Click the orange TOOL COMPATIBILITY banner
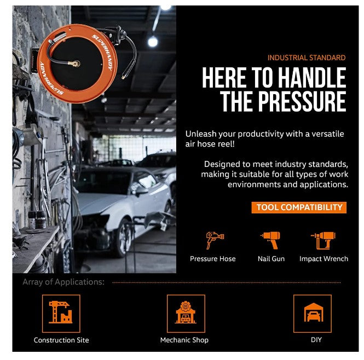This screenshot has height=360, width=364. [x=299, y=207]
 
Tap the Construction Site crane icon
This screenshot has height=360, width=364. [x=61, y=312]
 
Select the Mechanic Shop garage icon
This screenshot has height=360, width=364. [x=186, y=312]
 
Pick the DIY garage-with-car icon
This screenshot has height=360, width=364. [x=314, y=312]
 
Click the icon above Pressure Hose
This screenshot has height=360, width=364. [x=215, y=240]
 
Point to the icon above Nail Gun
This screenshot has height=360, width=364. [x=271, y=240]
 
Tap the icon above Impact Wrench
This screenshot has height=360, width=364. [x=323, y=240]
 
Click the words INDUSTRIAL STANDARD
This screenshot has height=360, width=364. [x=307, y=58]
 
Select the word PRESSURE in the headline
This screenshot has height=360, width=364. [x=302, y=101]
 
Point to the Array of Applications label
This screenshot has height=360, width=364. [x=63, y=282]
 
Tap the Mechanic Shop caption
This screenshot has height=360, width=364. [x=184, y=340]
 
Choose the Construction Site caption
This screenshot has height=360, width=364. [x=61, y=340]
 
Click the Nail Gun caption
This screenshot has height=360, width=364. [x=271, y=259]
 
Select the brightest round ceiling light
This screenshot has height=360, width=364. [x=153, y=42]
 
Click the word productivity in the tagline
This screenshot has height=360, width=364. [x=261, y=134]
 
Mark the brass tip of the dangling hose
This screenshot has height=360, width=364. [x=124, y=77]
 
